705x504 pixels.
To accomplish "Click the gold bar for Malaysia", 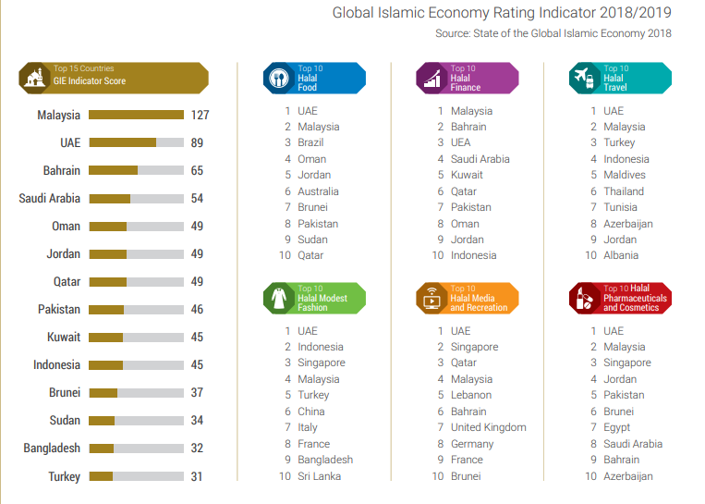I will [136, 115].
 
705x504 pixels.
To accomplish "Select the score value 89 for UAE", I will [198, 142].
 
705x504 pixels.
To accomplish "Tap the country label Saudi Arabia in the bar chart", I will [50, 198].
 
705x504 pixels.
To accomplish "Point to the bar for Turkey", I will [102, 476].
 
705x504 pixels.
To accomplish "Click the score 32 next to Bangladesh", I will [198, 448].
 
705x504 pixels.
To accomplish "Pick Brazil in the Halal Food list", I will [310, 142].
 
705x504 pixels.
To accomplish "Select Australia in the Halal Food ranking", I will [318, 191].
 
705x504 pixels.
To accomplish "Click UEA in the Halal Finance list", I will [460, 142].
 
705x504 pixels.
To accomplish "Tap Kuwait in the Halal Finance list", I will [467, 175].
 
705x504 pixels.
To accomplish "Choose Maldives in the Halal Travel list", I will [624, 175].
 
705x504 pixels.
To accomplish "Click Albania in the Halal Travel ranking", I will [620, 255].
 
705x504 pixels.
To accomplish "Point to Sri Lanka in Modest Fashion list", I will [319, 476].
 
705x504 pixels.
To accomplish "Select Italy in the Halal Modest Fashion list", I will [307, 427].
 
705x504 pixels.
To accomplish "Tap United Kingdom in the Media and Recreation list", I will [488, 427].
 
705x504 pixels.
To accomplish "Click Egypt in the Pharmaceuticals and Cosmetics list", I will [616, 427].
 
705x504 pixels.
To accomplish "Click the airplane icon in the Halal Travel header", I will [584, 78].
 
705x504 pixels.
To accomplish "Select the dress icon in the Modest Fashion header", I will [279, 298].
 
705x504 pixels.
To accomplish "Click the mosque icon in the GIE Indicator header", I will [35, 78].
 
